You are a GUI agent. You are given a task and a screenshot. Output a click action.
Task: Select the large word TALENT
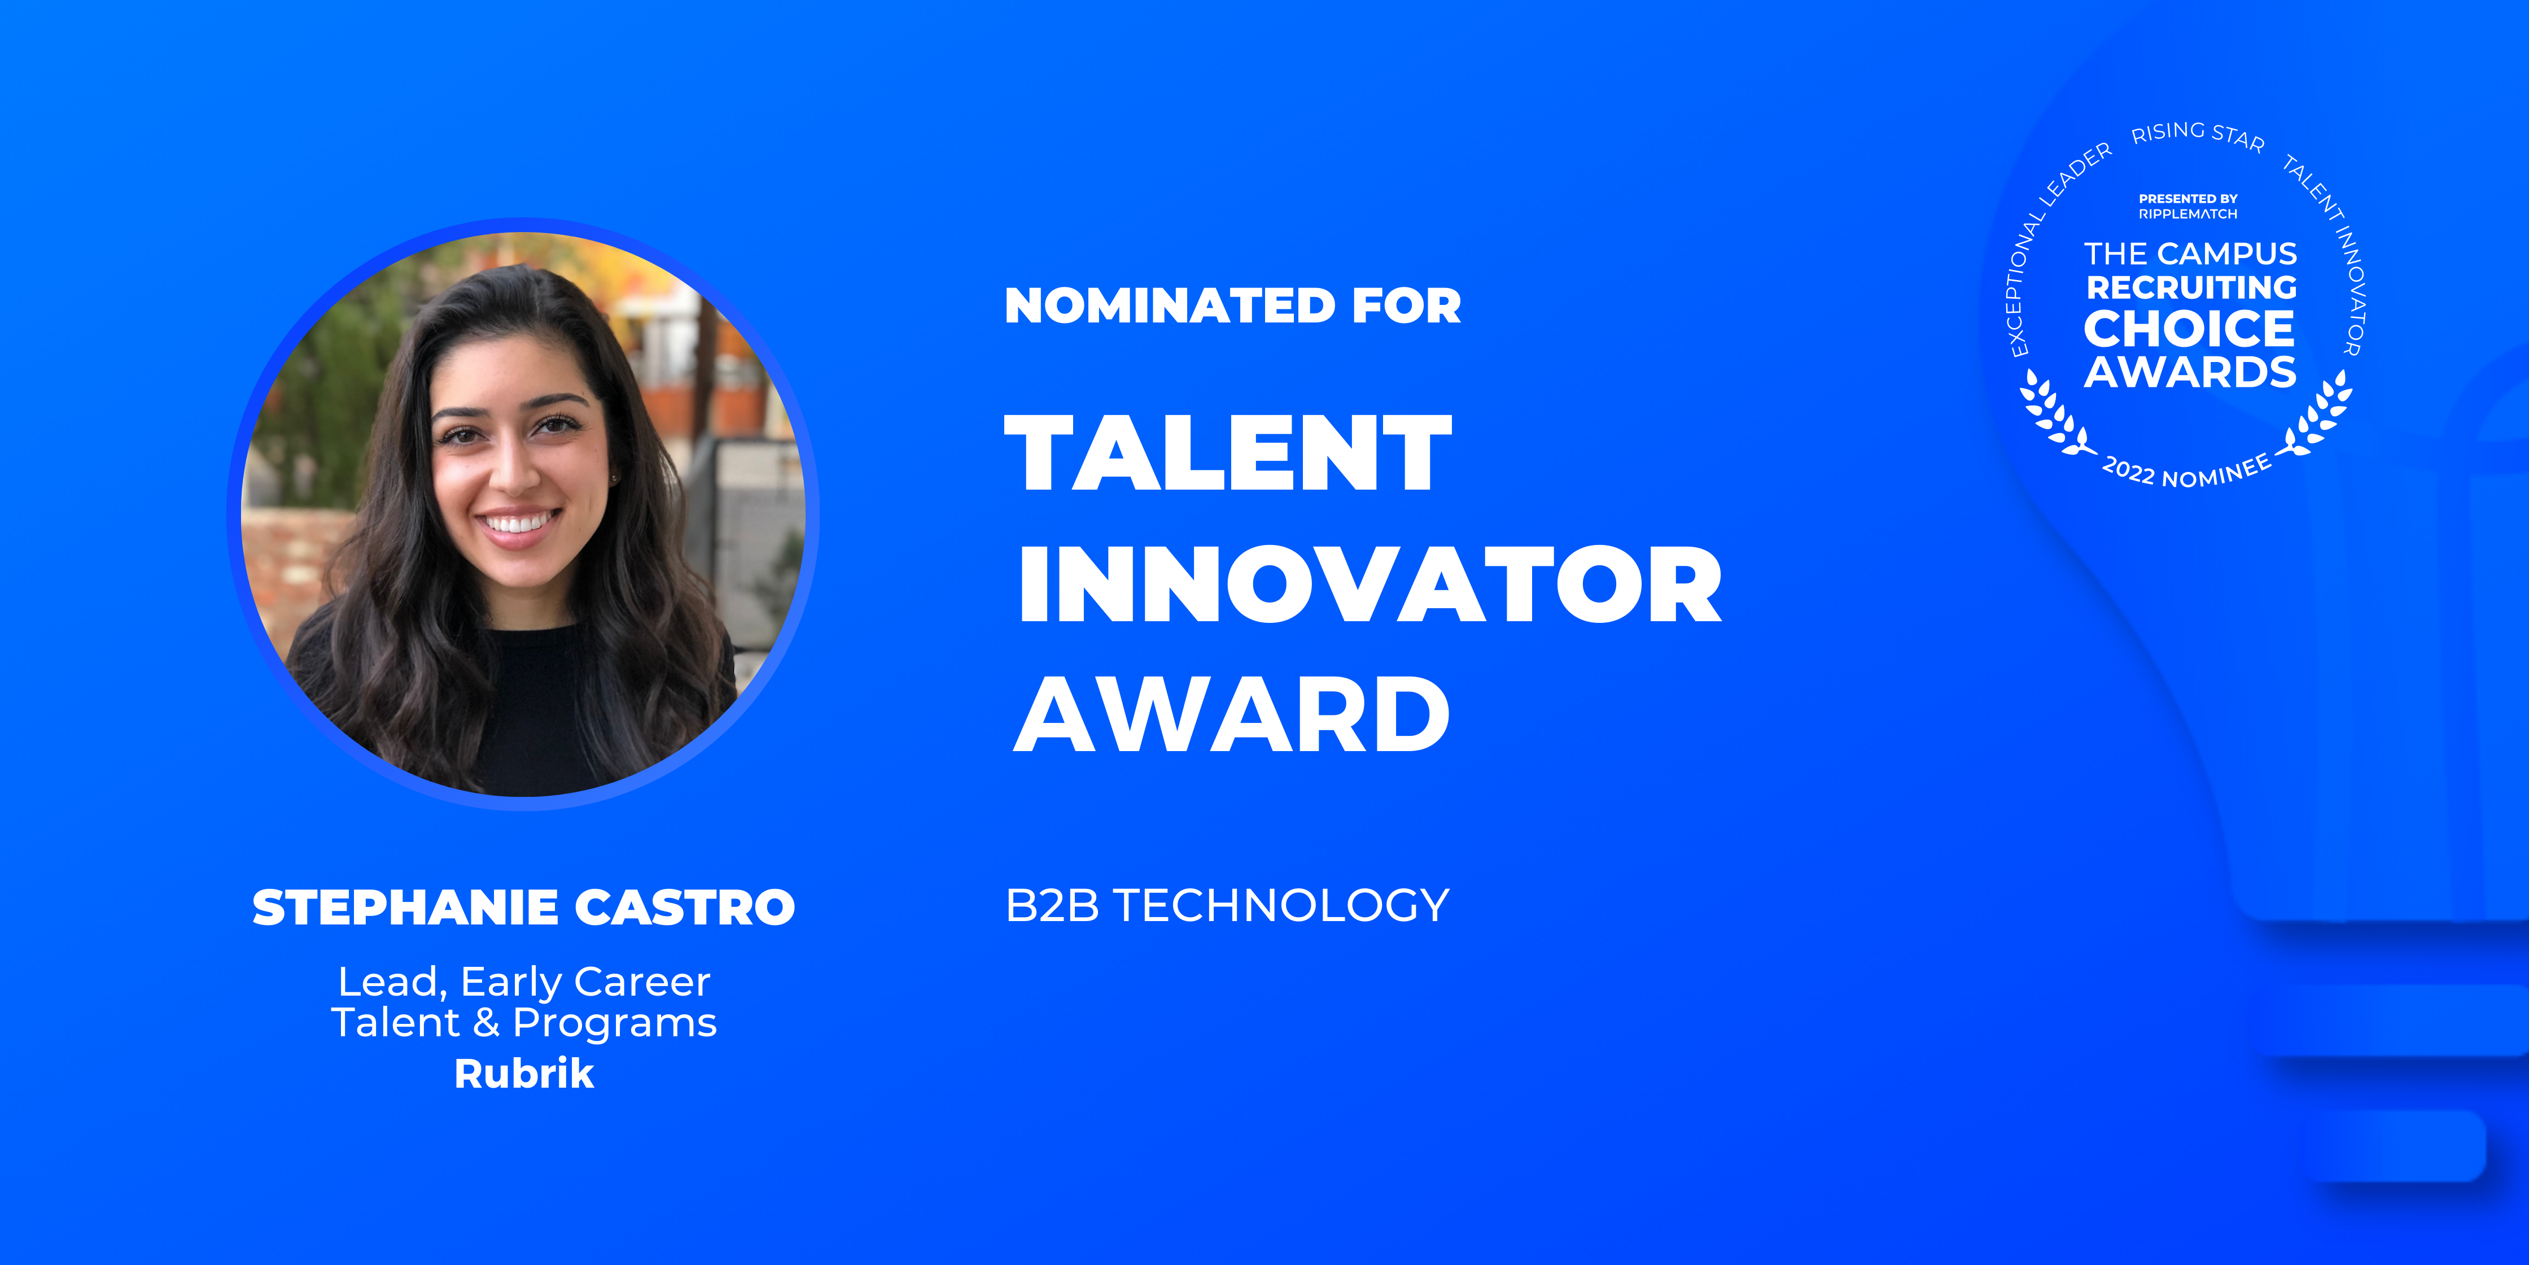click(1227, 453)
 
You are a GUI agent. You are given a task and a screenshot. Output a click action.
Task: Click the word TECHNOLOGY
click(1281, 905)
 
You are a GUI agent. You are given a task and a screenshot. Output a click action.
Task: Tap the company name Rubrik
click(523, 1074)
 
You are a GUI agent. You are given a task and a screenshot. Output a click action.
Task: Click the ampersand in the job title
click(486, 1023)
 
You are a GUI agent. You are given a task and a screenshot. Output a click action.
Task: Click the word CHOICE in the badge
click(2189, 329)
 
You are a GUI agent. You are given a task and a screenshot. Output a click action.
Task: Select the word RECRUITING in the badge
click(2190, 288)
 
